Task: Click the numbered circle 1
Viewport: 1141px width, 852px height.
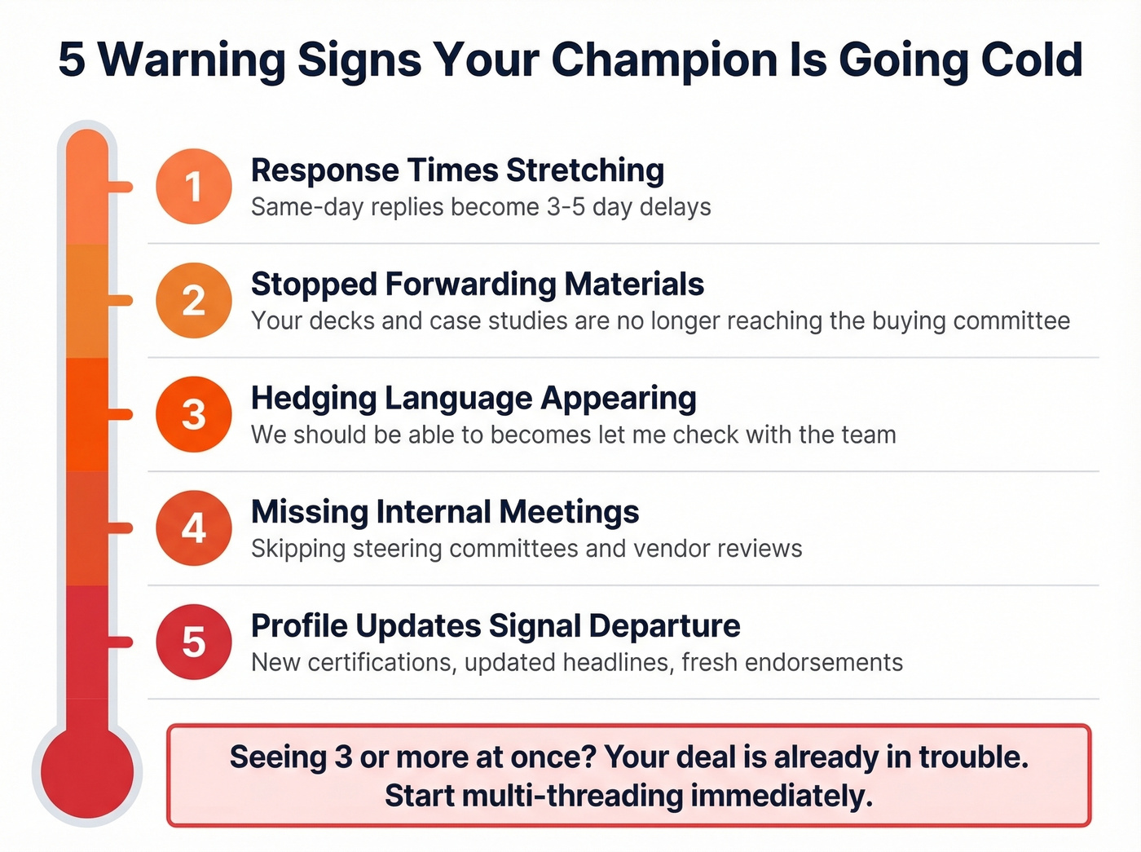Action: (x=194, y=187)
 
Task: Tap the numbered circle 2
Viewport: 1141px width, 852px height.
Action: (x=194, y=301)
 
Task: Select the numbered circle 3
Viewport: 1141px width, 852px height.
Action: (x=194, y=414)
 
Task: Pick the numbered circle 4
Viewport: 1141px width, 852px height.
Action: (x=194, y=528)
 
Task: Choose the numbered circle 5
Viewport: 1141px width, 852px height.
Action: (x=194, y=642)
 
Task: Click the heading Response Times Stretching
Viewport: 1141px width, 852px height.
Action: (x=457, y=170)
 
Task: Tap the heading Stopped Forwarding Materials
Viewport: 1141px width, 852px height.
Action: (x=477, y=285)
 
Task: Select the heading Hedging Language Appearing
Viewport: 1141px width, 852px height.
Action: (x=474, y=399)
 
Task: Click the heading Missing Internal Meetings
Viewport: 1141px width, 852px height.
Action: (x=445, y=512)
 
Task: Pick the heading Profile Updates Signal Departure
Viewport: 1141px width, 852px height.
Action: (x=496, y=626)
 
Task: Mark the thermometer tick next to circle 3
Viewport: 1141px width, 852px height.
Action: (x=119, y=414)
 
